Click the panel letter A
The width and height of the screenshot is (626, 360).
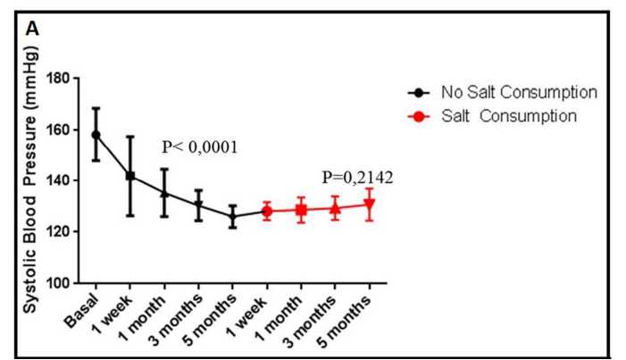[33, 29]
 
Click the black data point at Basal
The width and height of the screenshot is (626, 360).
[96, 135]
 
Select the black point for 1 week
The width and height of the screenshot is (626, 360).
[130, 176]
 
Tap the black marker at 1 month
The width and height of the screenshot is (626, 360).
[164, 193]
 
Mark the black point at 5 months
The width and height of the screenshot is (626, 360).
[232, 216]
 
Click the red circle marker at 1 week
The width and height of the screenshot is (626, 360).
[266, 212]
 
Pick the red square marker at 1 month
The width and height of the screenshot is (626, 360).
[301, 211]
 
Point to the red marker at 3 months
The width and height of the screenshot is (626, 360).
[335, 209]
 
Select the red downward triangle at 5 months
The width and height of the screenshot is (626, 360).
[369, 205]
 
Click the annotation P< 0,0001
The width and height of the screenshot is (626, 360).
[199, 147]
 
